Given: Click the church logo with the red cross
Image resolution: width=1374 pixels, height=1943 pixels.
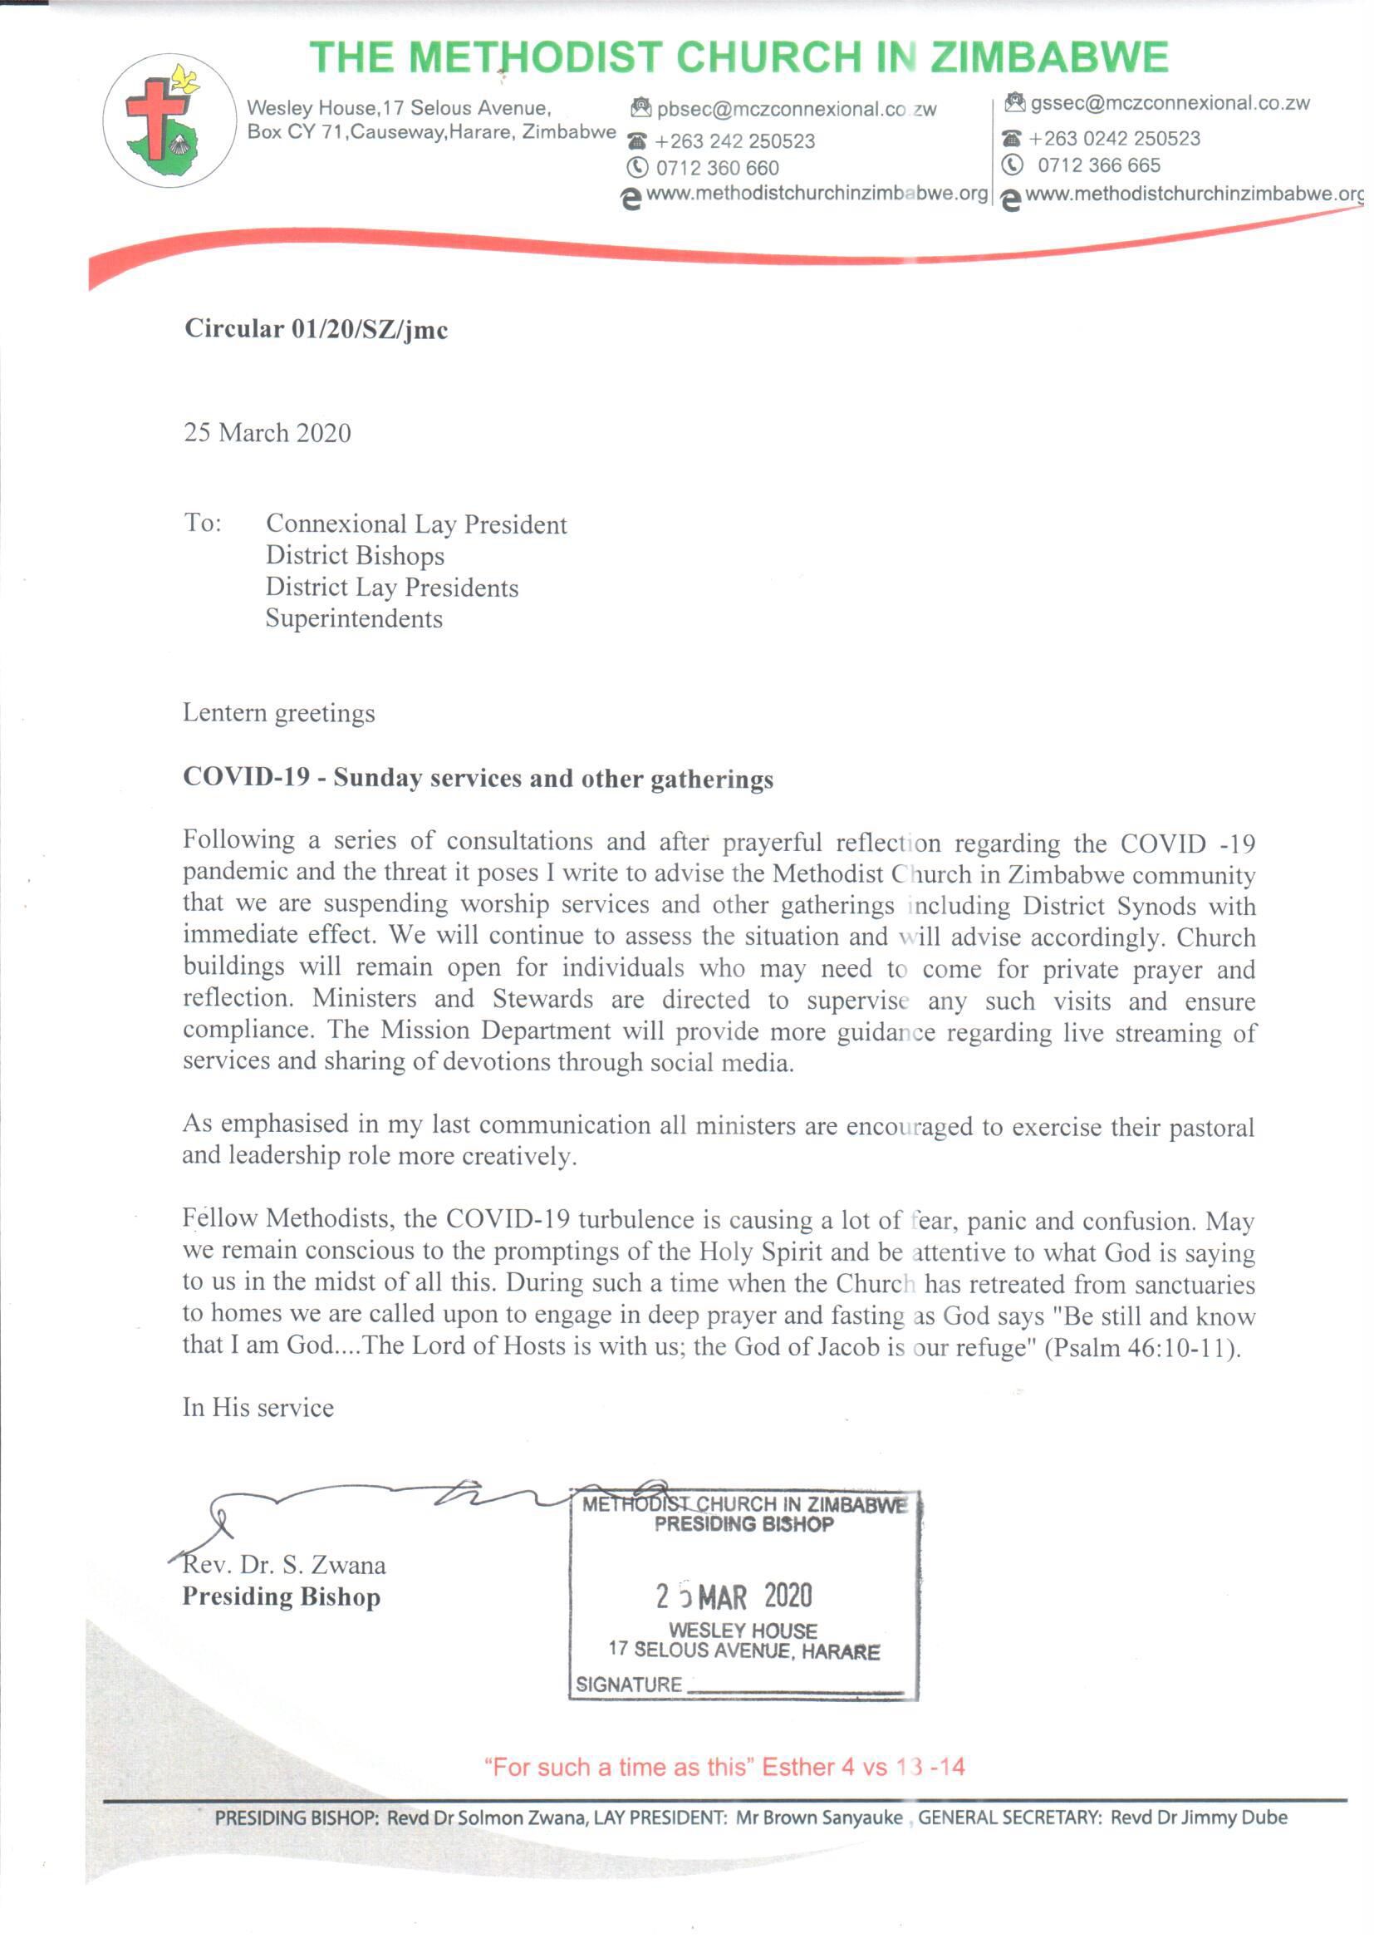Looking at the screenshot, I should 170,121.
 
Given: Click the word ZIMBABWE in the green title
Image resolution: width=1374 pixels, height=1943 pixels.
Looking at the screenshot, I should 1049,57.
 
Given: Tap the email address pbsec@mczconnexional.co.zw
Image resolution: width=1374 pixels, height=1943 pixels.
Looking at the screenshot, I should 796,110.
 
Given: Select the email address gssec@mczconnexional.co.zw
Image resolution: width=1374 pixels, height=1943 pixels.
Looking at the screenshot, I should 1170,104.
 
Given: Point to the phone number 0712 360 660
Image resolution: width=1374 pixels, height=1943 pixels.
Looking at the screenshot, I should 717,169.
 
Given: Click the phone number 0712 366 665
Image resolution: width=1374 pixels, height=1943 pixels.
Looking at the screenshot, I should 1098,166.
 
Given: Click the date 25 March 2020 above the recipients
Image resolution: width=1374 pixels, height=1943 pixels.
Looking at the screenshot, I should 267,433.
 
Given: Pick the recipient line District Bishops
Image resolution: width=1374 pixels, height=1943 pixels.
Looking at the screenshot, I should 355,556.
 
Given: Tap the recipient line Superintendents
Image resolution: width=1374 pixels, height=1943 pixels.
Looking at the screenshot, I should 354,618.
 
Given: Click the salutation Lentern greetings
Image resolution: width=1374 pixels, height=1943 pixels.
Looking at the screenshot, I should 278,712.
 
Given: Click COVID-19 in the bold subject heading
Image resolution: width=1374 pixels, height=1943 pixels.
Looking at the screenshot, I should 246,778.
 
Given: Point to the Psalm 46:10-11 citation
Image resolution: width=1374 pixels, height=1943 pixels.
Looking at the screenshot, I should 1143,1347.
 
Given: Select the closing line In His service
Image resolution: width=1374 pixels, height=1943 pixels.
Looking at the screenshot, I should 258,1407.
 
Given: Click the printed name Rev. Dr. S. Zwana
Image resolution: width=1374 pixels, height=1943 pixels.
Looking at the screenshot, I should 284,1565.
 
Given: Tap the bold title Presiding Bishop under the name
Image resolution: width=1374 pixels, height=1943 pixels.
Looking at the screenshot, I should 281,1597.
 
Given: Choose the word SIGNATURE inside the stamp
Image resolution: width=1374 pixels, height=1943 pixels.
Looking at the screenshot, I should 629,1684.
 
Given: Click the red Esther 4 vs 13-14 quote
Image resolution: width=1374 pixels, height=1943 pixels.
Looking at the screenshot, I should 724,1767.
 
